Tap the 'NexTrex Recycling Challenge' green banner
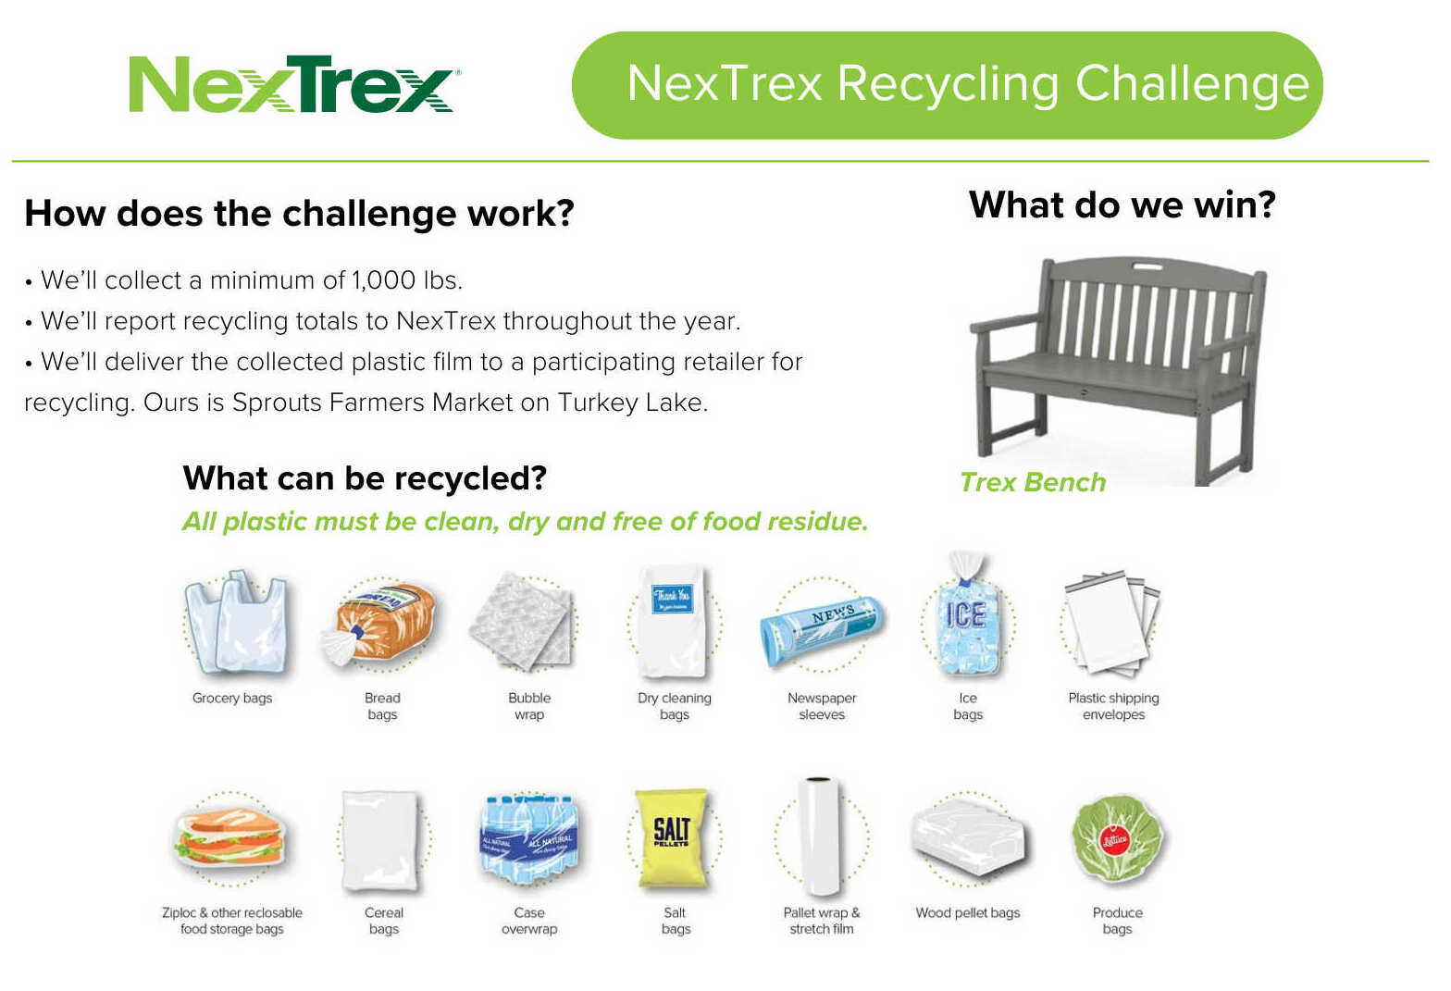pos(947,85)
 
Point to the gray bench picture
pos(1119,369)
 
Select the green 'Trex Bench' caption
pos(1033,483)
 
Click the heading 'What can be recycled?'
pos(365,478)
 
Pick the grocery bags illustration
pos(235,623)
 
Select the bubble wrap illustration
pos(522,621)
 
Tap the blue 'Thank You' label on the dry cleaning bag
pos(672,599)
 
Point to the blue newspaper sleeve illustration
pos(822,630)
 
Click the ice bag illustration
pos(966,614)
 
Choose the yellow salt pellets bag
pos(672,837)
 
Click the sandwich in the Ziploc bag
pos(229,836)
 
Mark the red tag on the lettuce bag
pos(1115,841)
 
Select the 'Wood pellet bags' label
pos(968,913)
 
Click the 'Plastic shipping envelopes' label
pos(1113,707)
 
